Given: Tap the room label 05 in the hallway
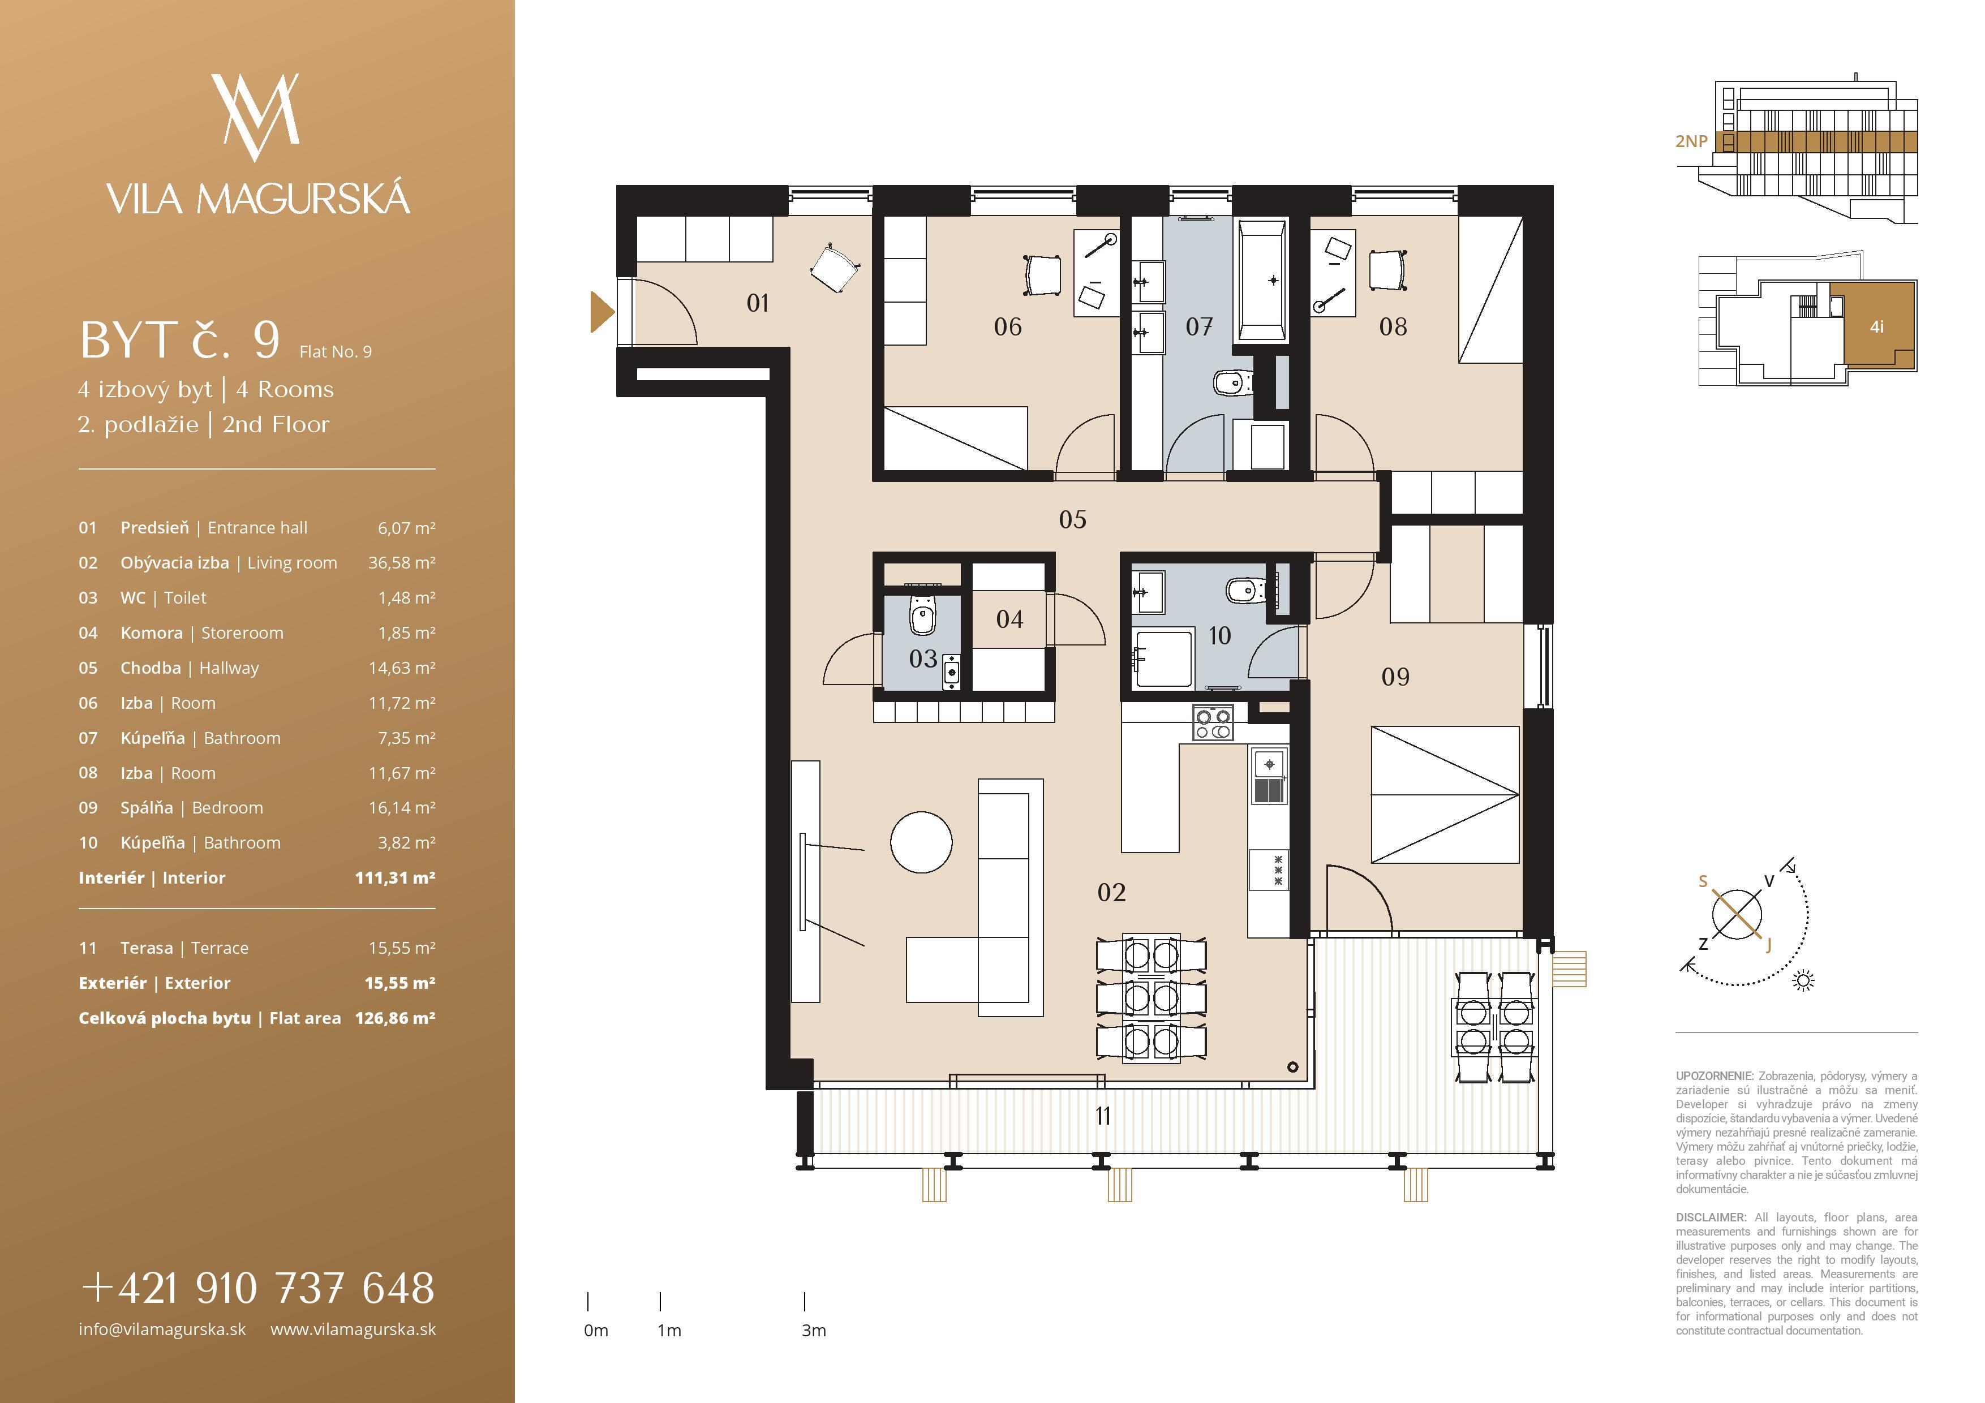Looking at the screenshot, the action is click(1072, 519).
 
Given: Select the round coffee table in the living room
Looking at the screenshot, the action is click(922, 842).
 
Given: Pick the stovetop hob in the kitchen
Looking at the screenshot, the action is click(1213, 724).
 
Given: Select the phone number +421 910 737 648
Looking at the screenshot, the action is click(257, 1288).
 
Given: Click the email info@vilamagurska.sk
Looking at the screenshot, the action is click(162, 1329).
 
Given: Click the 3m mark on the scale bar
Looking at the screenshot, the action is click(805, 1302).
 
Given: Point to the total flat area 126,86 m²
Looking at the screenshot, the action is click(395, 1018).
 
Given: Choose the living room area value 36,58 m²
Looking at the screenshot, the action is click(402, 563).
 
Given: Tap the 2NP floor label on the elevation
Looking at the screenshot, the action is click(1691, 141).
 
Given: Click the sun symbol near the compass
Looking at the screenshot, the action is click(1803, 980).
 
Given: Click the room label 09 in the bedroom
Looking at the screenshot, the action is click(1395, 677).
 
